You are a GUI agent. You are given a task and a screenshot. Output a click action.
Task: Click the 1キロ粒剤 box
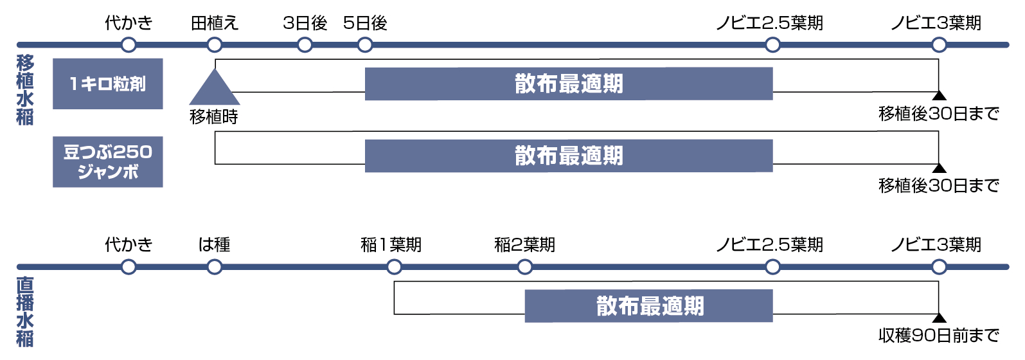[x=107, y=84]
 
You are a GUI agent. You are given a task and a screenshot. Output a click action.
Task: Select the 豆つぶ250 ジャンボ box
[x=107, y=161]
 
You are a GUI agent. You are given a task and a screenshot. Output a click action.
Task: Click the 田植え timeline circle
[x=215, y=45]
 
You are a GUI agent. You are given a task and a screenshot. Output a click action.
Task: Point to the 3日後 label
[x=305, y=23]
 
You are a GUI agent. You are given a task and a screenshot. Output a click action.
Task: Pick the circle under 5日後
[x=365, y=45]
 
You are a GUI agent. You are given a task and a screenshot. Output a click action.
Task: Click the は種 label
[x=214, y=245]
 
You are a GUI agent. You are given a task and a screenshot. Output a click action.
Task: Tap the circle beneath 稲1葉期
[x=394, y=267]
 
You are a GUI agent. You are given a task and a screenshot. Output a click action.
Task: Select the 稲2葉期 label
[x=524, y=245]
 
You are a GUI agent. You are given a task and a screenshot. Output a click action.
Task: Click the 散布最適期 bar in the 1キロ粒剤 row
[x=568, y=84]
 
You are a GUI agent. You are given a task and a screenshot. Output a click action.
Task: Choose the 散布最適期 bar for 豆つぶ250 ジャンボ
[x=568, y=156]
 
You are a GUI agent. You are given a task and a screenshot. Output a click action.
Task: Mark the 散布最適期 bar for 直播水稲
[x=648, y=306]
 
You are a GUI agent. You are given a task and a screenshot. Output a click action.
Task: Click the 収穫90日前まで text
[x=938, y=335]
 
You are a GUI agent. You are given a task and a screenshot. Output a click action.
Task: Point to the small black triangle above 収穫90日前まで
[x=939, y=318]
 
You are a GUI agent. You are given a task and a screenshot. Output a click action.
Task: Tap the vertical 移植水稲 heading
[x=25, y=90]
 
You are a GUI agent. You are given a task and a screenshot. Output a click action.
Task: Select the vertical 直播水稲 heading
[x=25, y=312]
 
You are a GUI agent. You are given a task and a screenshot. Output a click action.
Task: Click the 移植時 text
[x=214, y=117]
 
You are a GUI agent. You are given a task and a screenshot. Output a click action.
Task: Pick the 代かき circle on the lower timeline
[x=129, y=267]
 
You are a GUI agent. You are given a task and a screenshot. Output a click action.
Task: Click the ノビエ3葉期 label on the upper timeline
[x=936, y=23]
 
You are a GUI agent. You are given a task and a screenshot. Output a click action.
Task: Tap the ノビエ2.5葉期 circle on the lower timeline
[x=772, y=267]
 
